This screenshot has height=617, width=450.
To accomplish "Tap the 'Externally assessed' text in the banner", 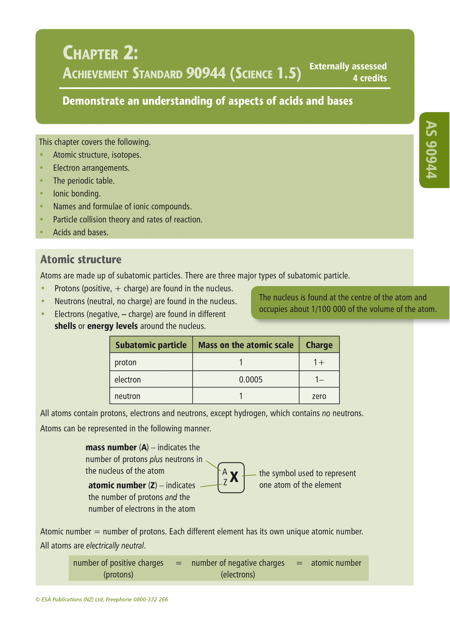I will [x=348, y=66].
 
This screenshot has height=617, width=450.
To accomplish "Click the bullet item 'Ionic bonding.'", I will [x=77, y=194].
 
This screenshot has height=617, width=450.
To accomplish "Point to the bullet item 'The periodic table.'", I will [x=84, y=181].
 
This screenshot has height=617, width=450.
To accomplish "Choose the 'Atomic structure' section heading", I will [x=81, y=260].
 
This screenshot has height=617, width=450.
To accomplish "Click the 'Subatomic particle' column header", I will [x=151, y=345].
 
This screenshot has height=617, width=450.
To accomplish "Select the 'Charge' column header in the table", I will [x=319, y=345].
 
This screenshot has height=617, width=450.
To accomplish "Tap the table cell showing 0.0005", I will [x=251, y=380].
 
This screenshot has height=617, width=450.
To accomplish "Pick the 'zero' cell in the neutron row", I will [x=319, y=396].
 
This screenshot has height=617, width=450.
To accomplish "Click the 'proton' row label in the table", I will [x=126, y=362].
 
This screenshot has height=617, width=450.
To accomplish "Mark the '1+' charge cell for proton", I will [x=319, y=362].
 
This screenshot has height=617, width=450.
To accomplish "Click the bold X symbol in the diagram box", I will [x=234, y=477].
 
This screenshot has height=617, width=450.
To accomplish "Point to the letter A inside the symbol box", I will [x=225, y=471].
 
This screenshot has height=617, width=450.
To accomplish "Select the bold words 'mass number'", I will [x=111, y=448].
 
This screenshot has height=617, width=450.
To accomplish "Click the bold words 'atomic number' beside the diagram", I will [x=117, y=485].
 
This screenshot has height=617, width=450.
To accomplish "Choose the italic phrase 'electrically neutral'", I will [x=115, y=546].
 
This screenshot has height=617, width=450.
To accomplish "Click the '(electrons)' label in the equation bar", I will [x=238, y=575].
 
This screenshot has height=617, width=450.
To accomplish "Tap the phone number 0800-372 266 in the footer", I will [x=151, y=600].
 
